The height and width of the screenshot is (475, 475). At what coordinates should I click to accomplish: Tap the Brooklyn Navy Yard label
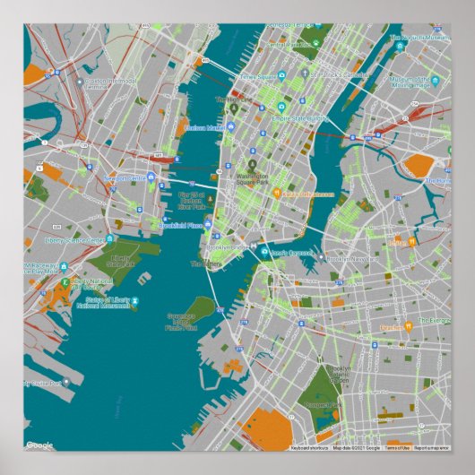(x=350, y=259)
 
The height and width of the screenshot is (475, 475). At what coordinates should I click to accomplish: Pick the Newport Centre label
(x=125, y=178)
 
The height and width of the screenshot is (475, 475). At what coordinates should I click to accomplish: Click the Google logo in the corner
(x=39, y=445)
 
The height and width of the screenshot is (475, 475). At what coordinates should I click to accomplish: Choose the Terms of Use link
(x=397, y=447)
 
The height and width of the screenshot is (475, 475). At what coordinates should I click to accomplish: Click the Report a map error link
(x=431, y=447)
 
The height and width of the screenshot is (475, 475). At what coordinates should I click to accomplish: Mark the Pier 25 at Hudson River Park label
(x=192, y=201)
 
